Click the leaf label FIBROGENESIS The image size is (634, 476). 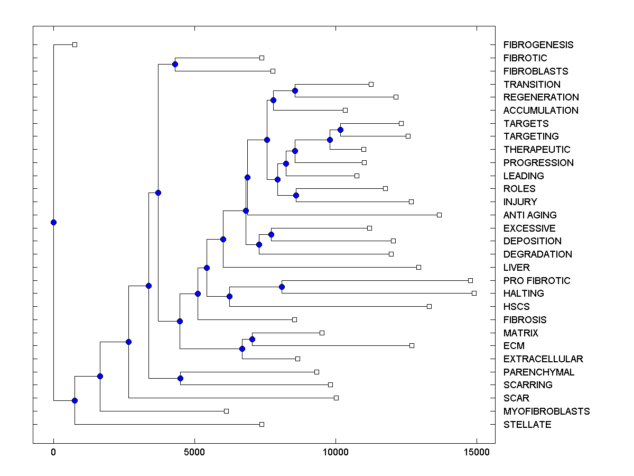(x=538, y=45)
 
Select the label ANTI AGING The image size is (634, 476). (x=530, y=215)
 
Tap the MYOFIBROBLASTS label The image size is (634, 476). (x=546, y=411)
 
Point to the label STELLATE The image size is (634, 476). (x=527, y=425)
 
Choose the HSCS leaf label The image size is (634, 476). (x=516, y=307)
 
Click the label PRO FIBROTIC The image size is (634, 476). (x=537, y=281)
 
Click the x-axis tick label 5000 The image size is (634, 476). (x=194, y=453)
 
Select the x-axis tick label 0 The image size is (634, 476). (x=53, y=453)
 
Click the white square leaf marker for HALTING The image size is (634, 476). (x=474, y=293)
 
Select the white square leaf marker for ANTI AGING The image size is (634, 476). (x=439, y=215)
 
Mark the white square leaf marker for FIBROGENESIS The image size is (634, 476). (x=74, y=44)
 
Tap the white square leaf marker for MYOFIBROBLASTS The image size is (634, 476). (x=226, y=411)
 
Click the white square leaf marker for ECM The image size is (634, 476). (x=412, y=345)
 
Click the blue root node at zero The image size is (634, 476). (x=53, y=222)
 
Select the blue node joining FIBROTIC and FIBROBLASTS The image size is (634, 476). (x=175, y=64)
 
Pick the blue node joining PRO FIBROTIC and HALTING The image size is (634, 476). (x=282, y=287)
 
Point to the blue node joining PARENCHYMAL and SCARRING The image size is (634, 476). (x=180, y=378)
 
